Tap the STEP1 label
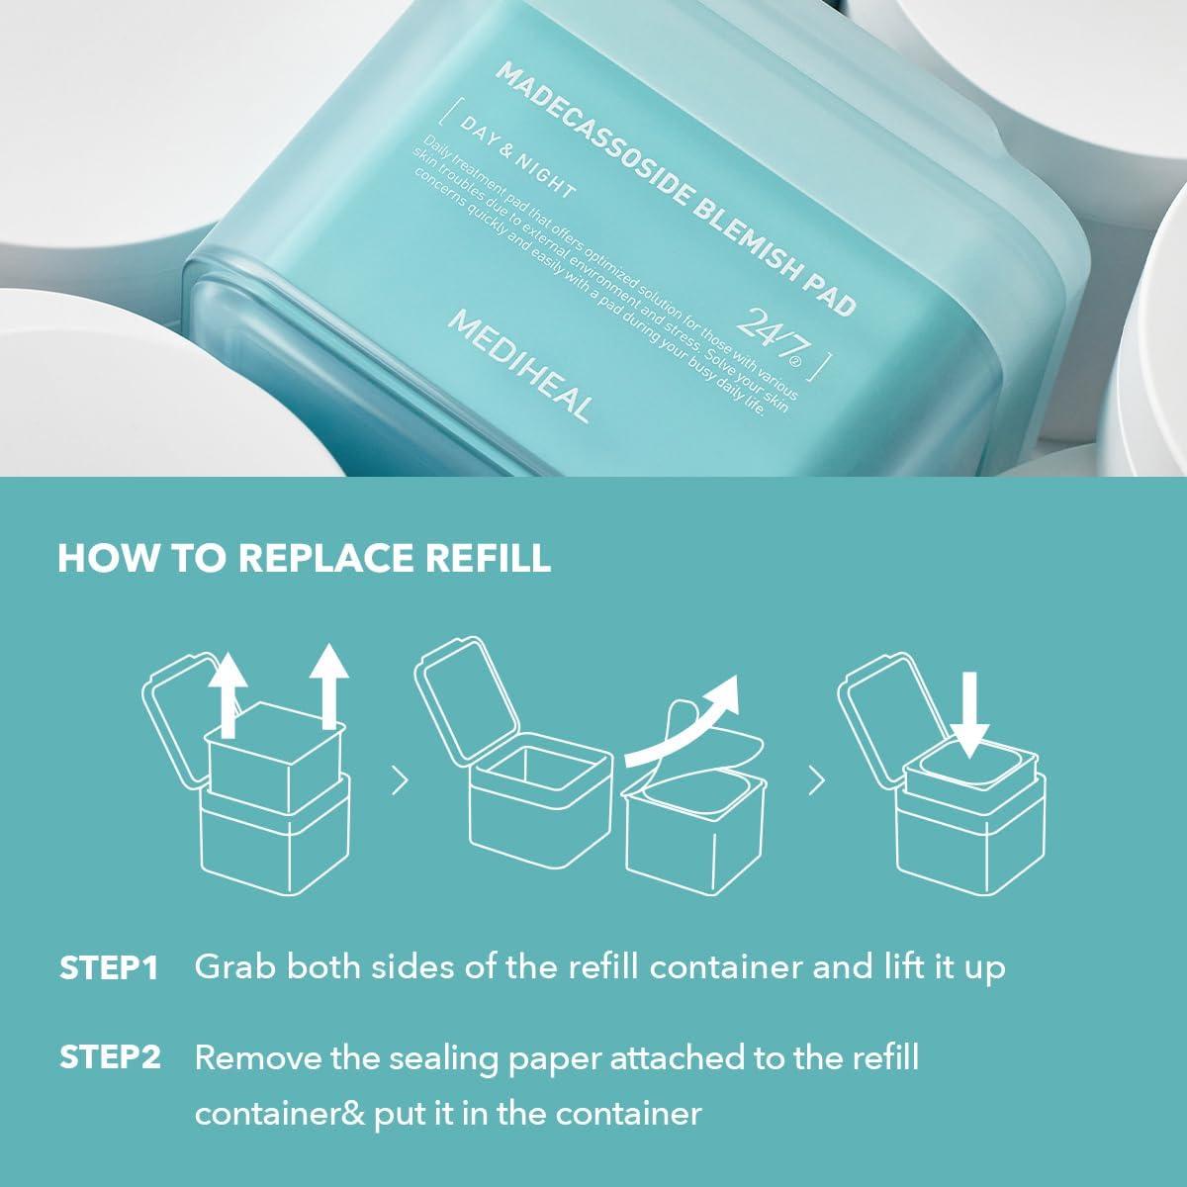pos(110,967)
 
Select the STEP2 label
pos(110,1057)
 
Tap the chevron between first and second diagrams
pos(400,781)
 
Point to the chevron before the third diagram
pos(816,781)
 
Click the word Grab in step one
pos(232,967)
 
